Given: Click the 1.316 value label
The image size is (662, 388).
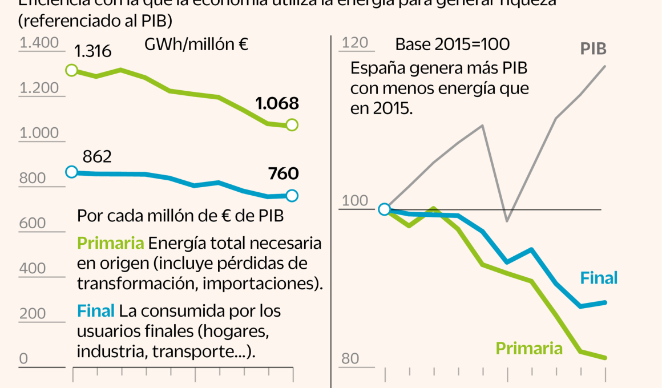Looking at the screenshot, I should [x=92, y=51].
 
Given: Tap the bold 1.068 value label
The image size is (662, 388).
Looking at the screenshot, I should [x=277, y=103].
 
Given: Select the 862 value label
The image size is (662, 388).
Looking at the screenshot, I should [x=97, y=157].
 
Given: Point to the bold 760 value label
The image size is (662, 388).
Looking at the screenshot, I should [x=284, y=173].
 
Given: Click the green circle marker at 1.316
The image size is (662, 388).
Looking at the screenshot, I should [x=72, y=70].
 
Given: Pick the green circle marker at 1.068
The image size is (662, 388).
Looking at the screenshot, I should [x=292, y=125].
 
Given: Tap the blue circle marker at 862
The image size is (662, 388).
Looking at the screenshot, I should [x=72, y=172].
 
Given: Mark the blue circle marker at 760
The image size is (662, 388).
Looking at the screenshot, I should [x=292, y=196].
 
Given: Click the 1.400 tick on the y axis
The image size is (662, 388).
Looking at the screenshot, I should [x=39, y=43].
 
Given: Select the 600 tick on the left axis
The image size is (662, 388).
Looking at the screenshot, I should [x=32, y=223].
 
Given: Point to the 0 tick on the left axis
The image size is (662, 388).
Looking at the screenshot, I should [x=23, y=359].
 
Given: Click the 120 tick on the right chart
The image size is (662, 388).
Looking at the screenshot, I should [x=354, y=43].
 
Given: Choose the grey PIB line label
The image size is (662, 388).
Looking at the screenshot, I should [x=594, y=49].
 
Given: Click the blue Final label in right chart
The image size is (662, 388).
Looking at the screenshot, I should [x=599, y=278].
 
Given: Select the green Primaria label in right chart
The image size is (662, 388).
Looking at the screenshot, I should [x=529, y=348].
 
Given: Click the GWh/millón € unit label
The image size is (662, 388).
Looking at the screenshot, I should [x=196, y=45].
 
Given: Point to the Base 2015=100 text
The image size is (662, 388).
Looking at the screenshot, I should [x=453, y=45].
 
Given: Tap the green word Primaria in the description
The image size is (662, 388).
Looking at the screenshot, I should [x=110, y=244].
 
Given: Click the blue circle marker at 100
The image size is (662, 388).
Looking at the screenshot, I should [x=385, y=209].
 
